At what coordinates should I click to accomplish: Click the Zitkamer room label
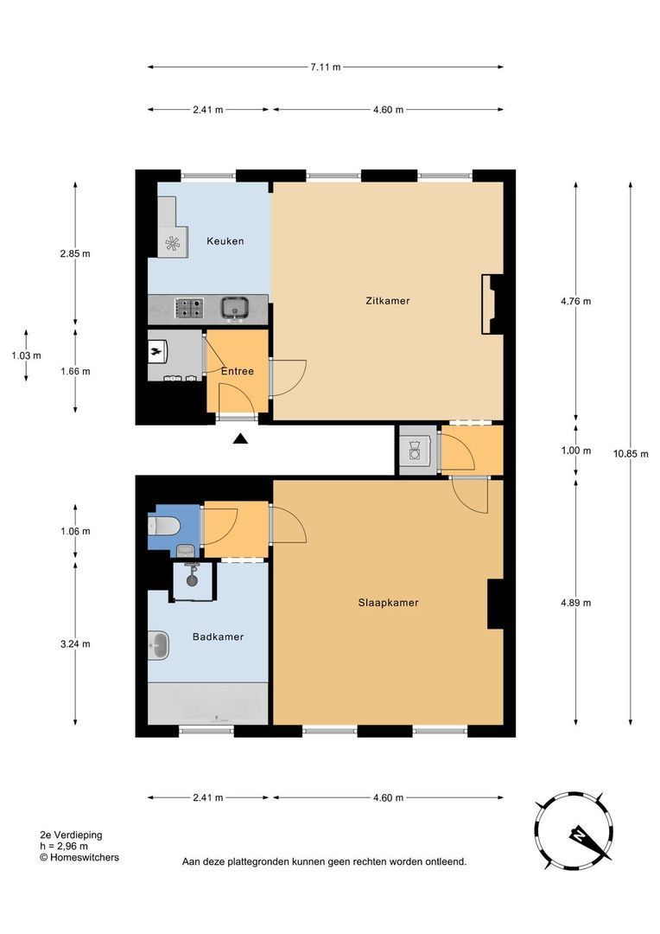(387, 301)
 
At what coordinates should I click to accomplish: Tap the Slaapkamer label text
(388, 602)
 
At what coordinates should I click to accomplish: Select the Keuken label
(225, 241)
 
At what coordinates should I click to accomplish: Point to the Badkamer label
(218, 637)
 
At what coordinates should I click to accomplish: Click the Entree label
(238, 371)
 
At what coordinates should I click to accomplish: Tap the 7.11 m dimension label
(326, 67)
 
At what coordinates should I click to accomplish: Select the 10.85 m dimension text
(631, 454)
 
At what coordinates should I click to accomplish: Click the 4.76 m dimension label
(576, 302)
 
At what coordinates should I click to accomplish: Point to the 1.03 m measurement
(26, 355)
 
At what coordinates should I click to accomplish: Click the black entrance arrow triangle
(240, 439)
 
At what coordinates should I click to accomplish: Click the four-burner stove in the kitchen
(188, 308)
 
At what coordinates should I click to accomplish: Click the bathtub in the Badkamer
(207, 704)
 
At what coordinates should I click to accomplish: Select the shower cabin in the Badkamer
(193, 581)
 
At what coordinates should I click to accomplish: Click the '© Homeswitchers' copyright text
(79, 858)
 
